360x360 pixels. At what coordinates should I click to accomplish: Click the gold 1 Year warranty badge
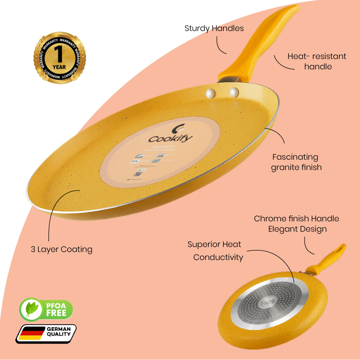pos(59,57)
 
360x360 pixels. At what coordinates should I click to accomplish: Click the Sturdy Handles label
pos(214,28)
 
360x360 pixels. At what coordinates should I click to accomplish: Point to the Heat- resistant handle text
pos(317,61)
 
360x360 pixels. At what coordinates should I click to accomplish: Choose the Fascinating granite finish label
pos(296,162)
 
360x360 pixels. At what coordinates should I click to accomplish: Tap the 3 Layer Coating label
pos(62,249)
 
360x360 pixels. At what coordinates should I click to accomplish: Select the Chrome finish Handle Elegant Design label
pos(296,224)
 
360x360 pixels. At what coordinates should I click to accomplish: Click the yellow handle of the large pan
pos(260,43)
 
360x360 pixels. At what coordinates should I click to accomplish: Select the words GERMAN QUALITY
pos(58,332)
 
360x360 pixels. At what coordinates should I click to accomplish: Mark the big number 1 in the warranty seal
pos(59,55)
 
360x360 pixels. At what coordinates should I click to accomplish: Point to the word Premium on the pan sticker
pos(159,147)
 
